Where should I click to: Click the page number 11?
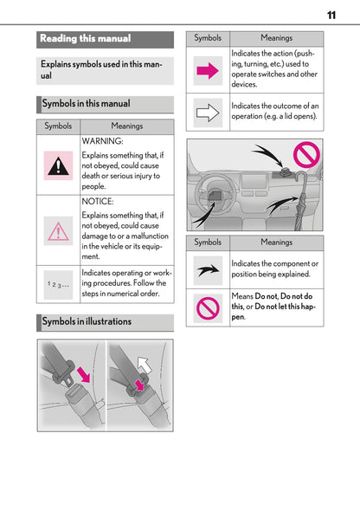click(x=331, y=15)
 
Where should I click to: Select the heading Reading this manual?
click(x=86, y=39)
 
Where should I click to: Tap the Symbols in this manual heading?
click(x=85, y=104)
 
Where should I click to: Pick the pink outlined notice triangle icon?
click(x=59, y=230)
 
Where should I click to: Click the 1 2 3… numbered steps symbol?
click(x=59, y=283)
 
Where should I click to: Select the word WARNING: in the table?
click(x=103, y=140)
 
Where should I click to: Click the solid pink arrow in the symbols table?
click(x=208, y=71)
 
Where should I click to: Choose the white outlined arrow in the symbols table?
click(x=208, y=112)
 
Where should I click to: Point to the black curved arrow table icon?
click(x=208, y=270)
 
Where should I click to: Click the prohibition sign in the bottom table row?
click(x=208, y=307)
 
